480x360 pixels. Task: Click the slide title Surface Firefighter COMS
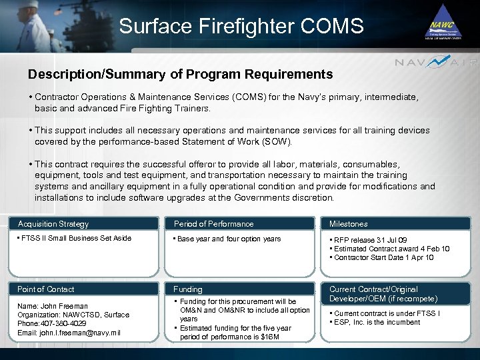pyautogui.click(x=241, y=27)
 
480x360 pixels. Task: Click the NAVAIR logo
pyautogui.click(x=436, y=63)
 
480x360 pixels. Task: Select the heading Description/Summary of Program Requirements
pyautogui.click(x=180, y=74)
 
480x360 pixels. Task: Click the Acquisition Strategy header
pyautogui.click(x=53, y=224)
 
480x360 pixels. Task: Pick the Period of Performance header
pyautogui.click(x=213, y=224)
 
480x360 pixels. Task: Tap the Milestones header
pyautogui.click(x=348, y=224)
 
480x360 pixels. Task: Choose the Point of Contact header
pyautogui.click(x=46, y=289)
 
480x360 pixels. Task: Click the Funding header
pyautogui.click(x=188, y=289)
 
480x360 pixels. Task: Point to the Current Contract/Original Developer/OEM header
pyautogui.click(x=383, y=294)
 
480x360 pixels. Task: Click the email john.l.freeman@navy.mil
pyautogui.click(x=69, y=333)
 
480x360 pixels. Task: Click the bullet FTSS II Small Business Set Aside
pyautogui.click(x=76, y=239)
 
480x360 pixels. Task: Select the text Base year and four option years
pyautogui.click(x=229, y=239)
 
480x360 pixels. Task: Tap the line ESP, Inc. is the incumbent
pyautogui.click(x=377, y=322)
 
